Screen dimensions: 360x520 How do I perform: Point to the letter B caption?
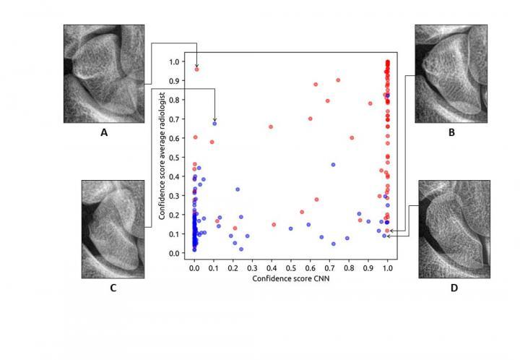pos(451,132)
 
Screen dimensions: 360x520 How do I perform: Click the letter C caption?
pos(113,288)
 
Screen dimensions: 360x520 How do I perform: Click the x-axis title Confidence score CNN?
pos(290,278)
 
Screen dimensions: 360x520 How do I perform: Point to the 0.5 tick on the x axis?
pos(291,267)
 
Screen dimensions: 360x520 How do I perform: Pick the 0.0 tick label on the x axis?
pos(194,267)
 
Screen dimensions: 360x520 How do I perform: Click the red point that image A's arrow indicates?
pos(196,69)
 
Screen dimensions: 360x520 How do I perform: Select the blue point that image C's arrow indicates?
pos(214,124)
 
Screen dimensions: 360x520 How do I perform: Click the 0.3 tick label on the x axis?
pos(252,267)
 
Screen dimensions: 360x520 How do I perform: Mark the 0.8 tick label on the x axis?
pos(349,267)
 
